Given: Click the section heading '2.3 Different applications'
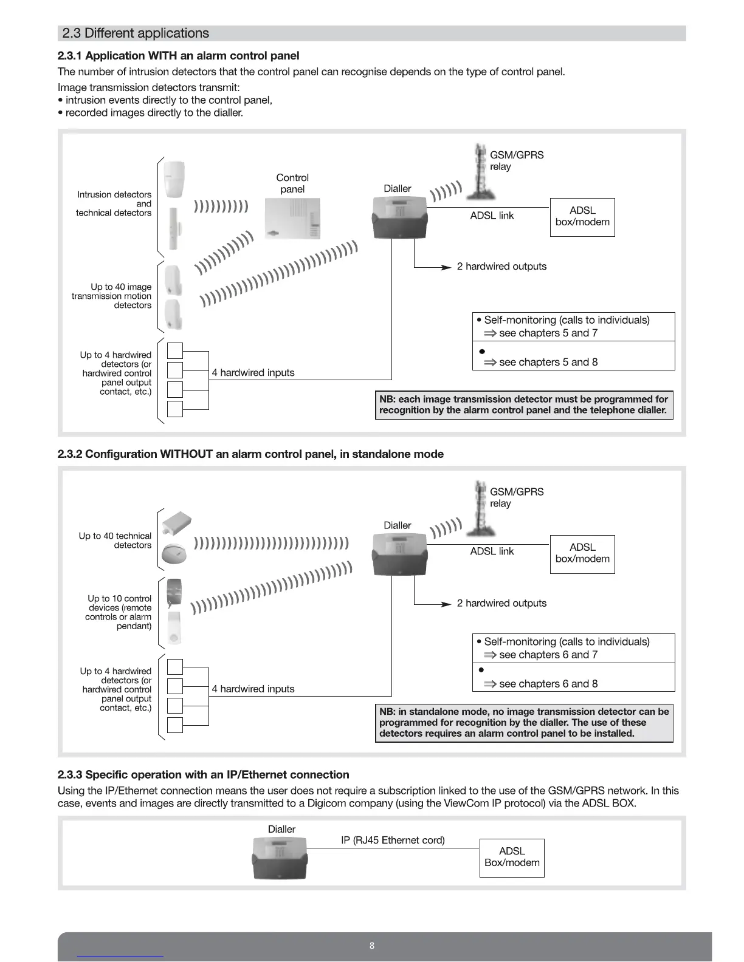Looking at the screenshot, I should [x=136, y=33].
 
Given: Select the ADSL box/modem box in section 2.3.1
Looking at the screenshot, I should [x=582, y=217].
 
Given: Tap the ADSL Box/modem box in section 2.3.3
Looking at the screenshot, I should [x=512, y=858].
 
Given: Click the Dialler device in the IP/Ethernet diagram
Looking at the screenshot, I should [x=280, y=858].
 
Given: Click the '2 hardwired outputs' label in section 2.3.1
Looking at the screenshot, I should [x=501, y=267].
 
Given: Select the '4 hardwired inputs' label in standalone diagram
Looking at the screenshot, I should [x=253, y=689].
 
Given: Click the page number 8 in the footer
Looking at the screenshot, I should [x=372, y=946].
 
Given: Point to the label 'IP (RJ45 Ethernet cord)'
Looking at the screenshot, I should [x=393, y=840].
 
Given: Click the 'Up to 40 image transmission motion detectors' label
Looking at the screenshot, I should [x=112, y=296].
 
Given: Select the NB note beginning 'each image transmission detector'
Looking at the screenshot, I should [x=524, y=404].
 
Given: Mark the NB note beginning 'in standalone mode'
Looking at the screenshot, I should [x=524, y=723].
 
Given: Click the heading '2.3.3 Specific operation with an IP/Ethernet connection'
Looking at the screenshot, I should [x=203, y=774].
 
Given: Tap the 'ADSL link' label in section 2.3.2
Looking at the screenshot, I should [x=492, y=551].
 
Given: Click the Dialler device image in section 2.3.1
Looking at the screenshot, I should [x=399, y=217].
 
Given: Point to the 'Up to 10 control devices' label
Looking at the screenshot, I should [x=119, y=612].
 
